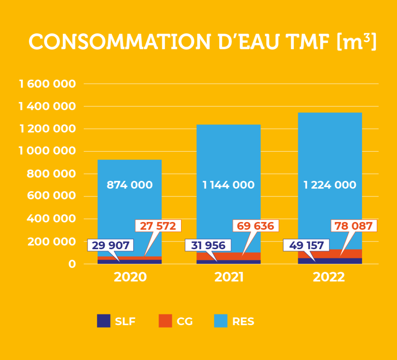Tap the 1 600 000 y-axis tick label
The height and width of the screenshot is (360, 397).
click(x=47, y=84)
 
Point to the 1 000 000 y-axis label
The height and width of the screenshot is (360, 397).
click(x=47, y=151)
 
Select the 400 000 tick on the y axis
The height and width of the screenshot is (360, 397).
click(x=51, y=219)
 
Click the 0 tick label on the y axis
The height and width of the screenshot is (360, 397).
click(x=72, y=264)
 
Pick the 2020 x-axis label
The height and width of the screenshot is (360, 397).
click(x=130, y=277)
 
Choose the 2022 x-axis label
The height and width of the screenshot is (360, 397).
click(x=329, y=277)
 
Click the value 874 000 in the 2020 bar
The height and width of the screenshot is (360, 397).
click(x=129, y=185)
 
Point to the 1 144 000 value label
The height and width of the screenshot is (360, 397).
click(x=228, y=185)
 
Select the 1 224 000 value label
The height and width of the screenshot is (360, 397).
click(x=330, y=185)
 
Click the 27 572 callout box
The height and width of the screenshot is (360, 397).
click(x=158, y=226)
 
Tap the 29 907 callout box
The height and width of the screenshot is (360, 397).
click(x=110, y=245)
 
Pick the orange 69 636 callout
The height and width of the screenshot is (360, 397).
click(x=256, y=226)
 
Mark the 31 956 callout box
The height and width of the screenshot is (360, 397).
click(x=208, y=245)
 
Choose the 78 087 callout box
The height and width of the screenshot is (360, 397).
click(x=353, y=226)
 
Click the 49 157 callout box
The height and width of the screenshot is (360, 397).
click(x=306, y=245)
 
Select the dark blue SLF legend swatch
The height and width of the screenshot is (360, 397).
click(x=104, y=321)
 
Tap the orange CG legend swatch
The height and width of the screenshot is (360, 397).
click(x=165, y=321)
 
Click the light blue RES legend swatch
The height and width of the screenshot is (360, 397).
click(x=221, y=321)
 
